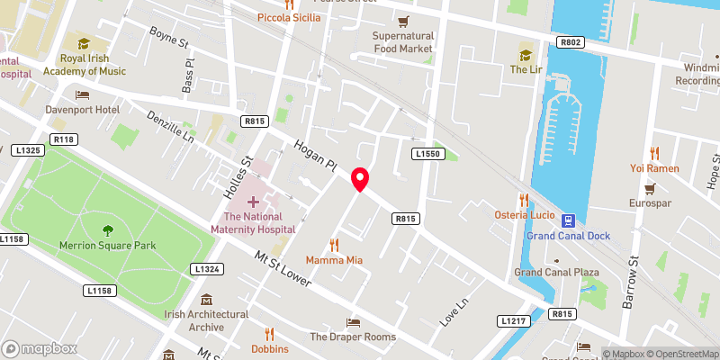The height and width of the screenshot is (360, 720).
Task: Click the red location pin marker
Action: [360, 180]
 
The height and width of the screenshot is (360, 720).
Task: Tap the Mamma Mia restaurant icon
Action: [335, 244]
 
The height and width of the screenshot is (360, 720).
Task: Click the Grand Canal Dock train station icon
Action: [569, 220]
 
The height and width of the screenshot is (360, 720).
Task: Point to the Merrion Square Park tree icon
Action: [108, 230]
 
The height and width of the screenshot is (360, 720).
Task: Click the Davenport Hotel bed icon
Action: [83, 94]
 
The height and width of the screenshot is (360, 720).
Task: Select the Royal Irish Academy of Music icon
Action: [84, 43]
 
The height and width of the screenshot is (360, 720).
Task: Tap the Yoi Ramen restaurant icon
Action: [654, 153]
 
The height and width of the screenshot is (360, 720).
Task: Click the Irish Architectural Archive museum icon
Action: [206, 300]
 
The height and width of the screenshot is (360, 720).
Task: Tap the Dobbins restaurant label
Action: [270, 348]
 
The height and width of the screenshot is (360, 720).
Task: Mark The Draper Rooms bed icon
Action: [353, 322]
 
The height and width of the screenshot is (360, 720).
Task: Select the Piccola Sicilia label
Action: [289, 17]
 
